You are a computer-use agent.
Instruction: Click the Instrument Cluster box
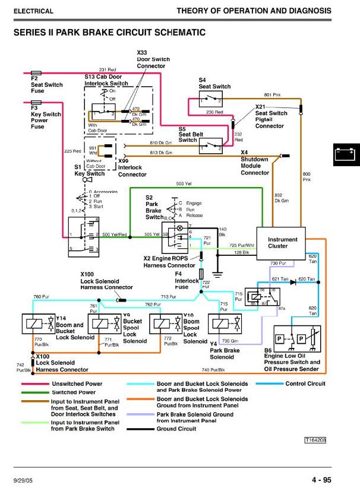tap(282, 243)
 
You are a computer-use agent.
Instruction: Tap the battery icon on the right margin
tap(346, 156)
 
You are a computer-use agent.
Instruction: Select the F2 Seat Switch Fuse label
tap(46, 85)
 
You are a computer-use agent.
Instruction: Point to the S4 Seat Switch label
tap(214, 83)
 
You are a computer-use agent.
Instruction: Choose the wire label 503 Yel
tap(184, 184)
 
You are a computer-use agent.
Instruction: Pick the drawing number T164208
tap(315, 440)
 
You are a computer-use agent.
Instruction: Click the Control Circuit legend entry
tap(305, 384)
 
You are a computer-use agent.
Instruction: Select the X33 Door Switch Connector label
tap(153, 59)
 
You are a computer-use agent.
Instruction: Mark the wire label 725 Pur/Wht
tap(242, 245)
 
